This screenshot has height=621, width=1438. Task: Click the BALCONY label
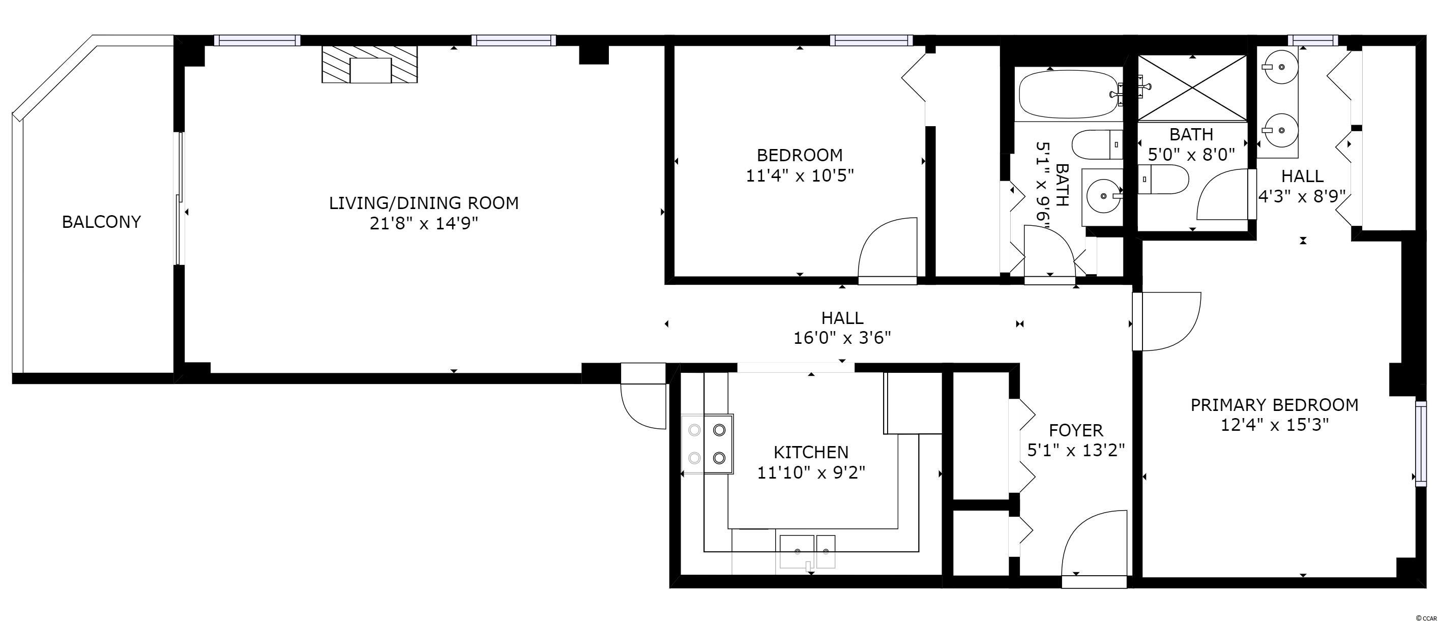(101, 222)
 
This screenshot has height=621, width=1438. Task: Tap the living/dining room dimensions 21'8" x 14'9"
(424, 224)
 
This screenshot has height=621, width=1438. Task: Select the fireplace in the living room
(370, 65)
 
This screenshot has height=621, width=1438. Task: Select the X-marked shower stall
(1192, 88)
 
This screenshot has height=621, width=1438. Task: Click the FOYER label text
(1076, 430)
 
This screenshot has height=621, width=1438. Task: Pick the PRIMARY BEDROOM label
(1274, 405)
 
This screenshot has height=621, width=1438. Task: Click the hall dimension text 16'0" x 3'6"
(842, 338)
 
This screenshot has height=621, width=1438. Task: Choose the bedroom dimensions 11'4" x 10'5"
(800, 176)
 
